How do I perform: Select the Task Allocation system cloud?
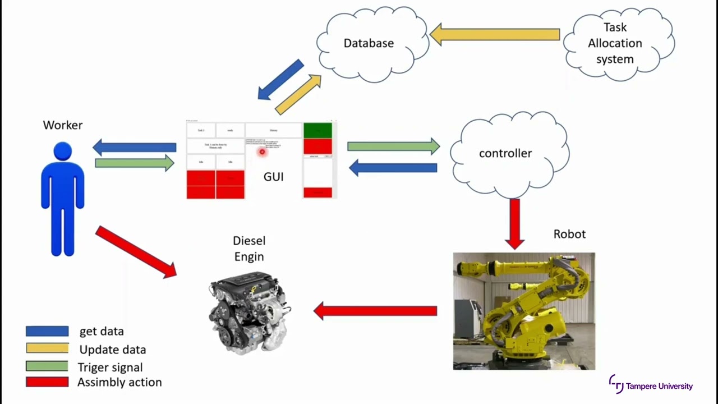tap(617, 44)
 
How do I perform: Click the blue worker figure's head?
tap(63, 151)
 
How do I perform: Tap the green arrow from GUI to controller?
tap(393, 146)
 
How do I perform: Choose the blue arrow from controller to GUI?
tap(393, 167)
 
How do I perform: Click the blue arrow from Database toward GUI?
tap(280, 80)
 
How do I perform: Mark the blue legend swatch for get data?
tap(47, 331)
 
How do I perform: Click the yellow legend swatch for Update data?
tap(47, 348)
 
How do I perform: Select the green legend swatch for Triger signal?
tap(47, 366)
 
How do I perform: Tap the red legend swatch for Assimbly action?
tap(47, 382)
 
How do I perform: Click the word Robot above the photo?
tap(569, 234)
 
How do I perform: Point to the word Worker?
tap(63, 125)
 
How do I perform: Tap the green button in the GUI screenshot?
tap(317, 131)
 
